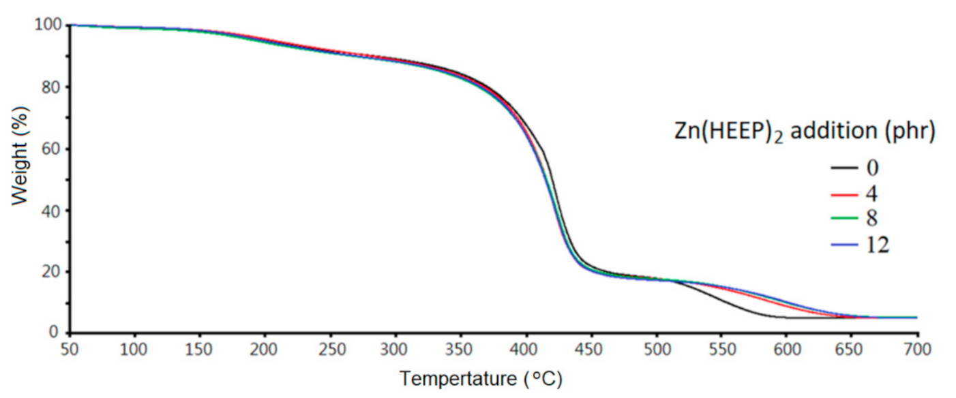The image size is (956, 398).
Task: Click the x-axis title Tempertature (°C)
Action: coord(481,378)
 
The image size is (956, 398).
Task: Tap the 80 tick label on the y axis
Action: coord(53,87)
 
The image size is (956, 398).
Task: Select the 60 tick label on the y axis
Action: coord(53,149)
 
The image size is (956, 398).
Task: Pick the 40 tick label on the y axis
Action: coord(53,210)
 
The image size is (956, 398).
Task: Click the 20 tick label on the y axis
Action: coord(53,271)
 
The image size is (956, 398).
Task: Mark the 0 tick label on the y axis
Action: coord(57,333)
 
